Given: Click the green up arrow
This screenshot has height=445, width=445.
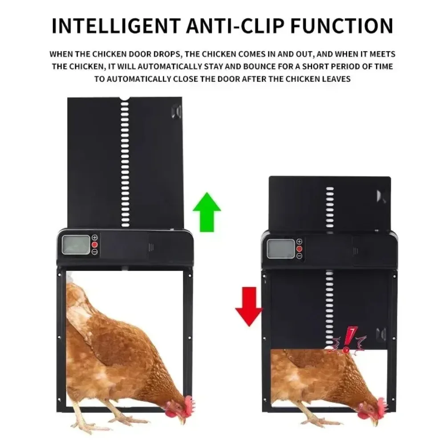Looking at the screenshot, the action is coord(207,212).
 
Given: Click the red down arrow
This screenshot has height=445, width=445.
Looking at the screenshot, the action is coord(249,307).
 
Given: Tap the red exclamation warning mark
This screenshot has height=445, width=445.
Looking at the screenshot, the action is coord(348,340).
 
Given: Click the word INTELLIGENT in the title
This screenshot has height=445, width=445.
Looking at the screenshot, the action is coord(116,26).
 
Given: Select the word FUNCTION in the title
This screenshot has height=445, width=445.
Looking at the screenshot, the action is coord(342,26).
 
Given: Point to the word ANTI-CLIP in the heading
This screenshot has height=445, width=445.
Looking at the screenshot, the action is coord(235,26).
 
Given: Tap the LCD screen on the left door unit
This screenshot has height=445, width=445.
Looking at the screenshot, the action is coord(76,245).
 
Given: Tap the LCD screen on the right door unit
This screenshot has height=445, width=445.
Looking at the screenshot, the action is coord(281,249).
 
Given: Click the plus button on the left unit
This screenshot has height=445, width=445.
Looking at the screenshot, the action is coord(95,238).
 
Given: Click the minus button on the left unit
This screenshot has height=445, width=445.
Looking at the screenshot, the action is coord(95,252).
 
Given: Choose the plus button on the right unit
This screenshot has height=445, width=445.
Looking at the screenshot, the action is coord(299,242).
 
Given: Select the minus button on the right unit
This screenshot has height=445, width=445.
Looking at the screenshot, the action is coord(299,256).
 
